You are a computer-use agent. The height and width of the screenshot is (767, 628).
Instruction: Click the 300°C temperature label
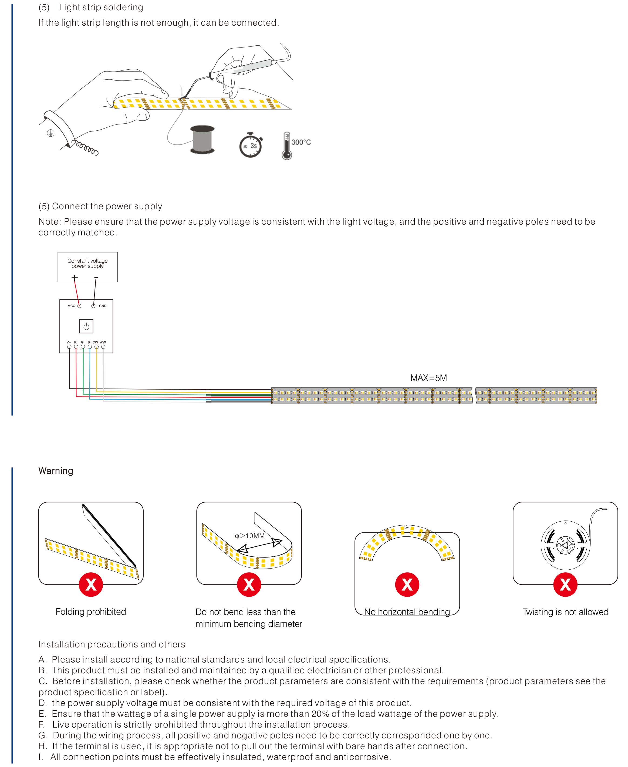301,142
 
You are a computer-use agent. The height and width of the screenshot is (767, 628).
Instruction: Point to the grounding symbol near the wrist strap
51,133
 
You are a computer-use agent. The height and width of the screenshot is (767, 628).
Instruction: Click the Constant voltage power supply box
87,267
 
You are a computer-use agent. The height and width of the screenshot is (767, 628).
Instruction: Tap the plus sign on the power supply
75,278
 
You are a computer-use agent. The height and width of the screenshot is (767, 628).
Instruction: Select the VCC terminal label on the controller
72,306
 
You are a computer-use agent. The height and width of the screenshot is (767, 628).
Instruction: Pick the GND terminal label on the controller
103,306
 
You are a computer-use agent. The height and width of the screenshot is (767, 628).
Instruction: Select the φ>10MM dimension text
250,536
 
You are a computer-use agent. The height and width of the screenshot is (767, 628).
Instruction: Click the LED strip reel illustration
565,545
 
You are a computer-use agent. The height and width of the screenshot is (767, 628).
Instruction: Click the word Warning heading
56,471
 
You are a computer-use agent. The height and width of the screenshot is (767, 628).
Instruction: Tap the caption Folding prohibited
91,612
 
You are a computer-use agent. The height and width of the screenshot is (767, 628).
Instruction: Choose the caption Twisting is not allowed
565,612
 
